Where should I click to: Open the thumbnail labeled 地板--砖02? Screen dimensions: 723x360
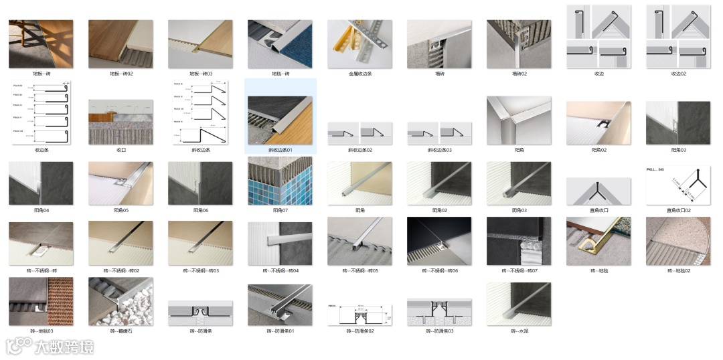pyautogui.click(x=120, y=43)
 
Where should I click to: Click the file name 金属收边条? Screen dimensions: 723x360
pyautogui.click(x=359, y=74)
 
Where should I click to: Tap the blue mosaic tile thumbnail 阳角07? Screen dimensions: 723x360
pyautogui.click(x=280, y=183)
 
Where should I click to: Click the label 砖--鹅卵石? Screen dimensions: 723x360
pyautogui.click(x=120, y=331)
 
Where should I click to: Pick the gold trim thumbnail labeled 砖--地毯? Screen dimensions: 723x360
pyautogui.click(x=598, y=241)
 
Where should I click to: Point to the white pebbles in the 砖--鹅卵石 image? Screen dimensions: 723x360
pyautogui.click(x=137, y=308)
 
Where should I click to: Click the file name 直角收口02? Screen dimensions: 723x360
pyautogui.click(x=678, y=211)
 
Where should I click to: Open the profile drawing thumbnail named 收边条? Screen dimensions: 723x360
pyautogui.click(x=41, y=112)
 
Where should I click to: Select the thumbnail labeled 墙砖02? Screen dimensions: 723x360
pyautogui.click(x=519, y=43)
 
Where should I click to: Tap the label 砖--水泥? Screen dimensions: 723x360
pyautogui.click(x=519, y=331)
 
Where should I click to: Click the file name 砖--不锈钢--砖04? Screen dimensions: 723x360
pyautogui.click(x=280, y=271)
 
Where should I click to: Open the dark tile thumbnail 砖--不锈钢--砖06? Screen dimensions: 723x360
pyautogui.click(x=439, y=241)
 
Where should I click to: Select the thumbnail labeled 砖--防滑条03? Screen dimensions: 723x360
pyautogui.click(x=439, y=311)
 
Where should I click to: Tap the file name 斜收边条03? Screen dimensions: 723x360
pyautogui.click(x=439, y=150)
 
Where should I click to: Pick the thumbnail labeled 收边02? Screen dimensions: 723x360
pyautogui.click(x=678, y=36)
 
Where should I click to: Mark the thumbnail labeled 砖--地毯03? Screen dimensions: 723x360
pyautogui.click(x=41, y=301)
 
